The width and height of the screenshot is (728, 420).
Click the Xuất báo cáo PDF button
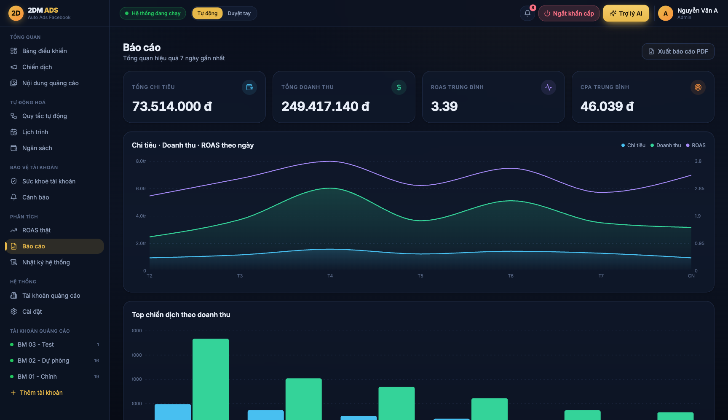click(678, 51)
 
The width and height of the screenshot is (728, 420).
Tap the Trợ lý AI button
click(626, 13)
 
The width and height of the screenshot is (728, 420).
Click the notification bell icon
click(527, 13)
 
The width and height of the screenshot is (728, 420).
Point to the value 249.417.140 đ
click(325, 106)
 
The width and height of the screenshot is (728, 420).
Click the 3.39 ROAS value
click(444, 106)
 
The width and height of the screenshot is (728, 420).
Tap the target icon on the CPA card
click(698, 87)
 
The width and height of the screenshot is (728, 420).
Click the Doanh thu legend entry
click(666, 145)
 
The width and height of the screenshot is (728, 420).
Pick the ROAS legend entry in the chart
click(696, 145)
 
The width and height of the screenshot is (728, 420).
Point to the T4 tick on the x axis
click(330, 276)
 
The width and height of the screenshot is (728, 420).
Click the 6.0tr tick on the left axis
click(141, 188)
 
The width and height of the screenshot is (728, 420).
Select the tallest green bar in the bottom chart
click(211, 379)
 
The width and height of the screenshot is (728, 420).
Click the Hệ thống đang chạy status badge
click(153, 13)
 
